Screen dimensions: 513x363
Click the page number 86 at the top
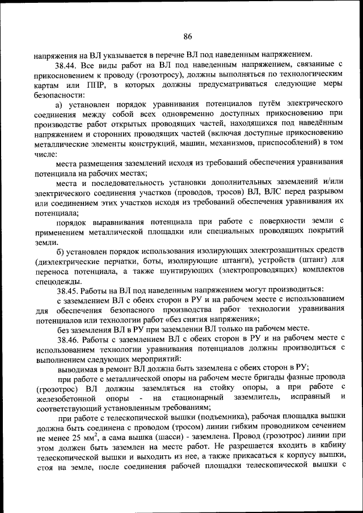click(x=188, y=37)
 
